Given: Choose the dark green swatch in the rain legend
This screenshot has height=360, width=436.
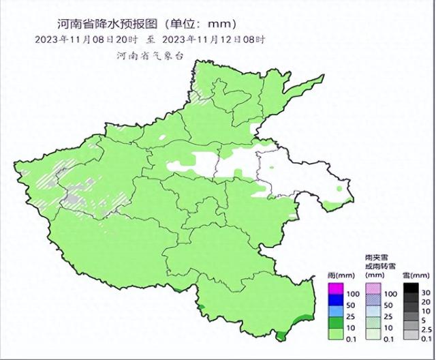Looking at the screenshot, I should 335,323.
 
